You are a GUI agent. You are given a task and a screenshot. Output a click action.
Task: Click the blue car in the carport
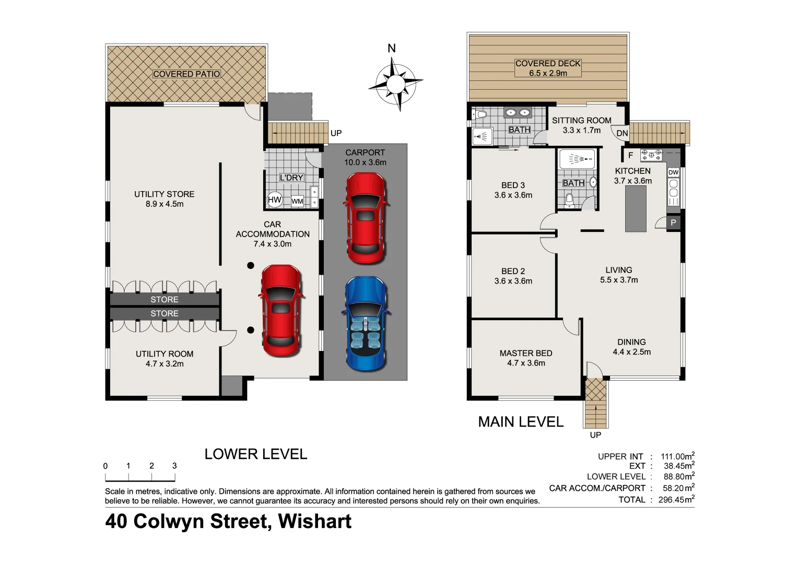coord(365,324)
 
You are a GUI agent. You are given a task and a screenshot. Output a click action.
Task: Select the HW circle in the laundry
coord(274,199)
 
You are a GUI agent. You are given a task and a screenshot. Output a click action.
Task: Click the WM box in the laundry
coord(297,201)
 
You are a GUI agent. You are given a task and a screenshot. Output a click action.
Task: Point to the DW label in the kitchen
coord(673,172)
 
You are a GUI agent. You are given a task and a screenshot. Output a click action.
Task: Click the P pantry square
coord(673,222)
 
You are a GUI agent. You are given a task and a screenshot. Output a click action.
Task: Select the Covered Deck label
coord(548,63)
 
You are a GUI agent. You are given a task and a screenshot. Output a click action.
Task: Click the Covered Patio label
coord(186,74)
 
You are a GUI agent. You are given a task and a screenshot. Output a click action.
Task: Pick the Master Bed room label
coord(525,354)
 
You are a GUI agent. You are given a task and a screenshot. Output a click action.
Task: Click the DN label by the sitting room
coord(622,133)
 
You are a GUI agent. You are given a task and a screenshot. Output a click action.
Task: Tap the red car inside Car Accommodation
coord(280,310)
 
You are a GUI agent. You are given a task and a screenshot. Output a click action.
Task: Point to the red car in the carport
coord(366,218)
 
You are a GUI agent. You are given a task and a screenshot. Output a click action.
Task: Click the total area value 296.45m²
coord(677,500)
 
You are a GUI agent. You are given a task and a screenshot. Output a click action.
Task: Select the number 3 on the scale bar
coord(174,466)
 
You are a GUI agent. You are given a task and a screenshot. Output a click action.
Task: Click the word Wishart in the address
coord(314,521)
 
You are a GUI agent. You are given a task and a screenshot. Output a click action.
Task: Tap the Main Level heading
coord(521,422)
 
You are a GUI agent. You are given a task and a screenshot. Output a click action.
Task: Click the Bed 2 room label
coord(513,271)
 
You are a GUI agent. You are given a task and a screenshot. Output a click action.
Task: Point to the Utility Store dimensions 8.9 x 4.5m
coord(165,204)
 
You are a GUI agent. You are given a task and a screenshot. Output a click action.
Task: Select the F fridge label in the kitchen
coord(630,155)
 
